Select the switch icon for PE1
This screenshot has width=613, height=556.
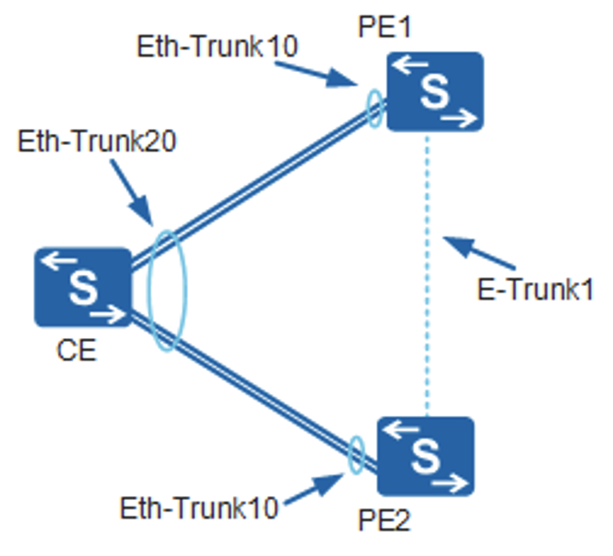[x=435, y=91]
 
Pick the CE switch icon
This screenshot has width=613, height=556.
[x=82, y=288]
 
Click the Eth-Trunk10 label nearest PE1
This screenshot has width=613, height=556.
[x=216, y=46]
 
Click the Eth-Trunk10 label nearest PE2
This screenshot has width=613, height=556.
[x=199, y=506]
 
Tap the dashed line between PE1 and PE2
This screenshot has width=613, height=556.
[x=427, y=272]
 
